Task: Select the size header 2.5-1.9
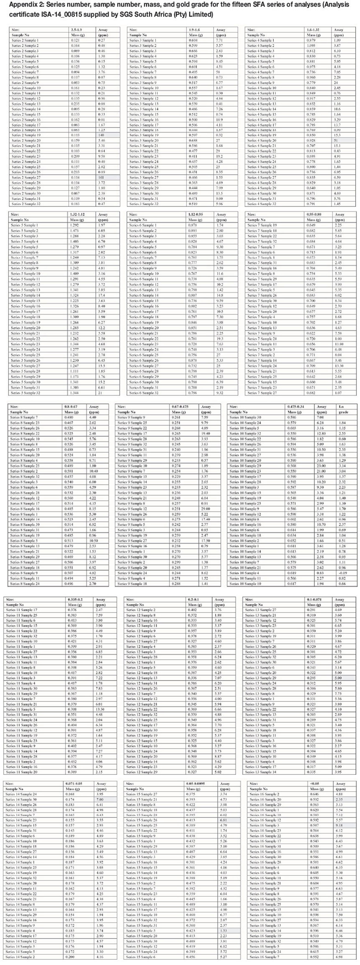click(77, 30)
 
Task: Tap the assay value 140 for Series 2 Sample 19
click(101, 135)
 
